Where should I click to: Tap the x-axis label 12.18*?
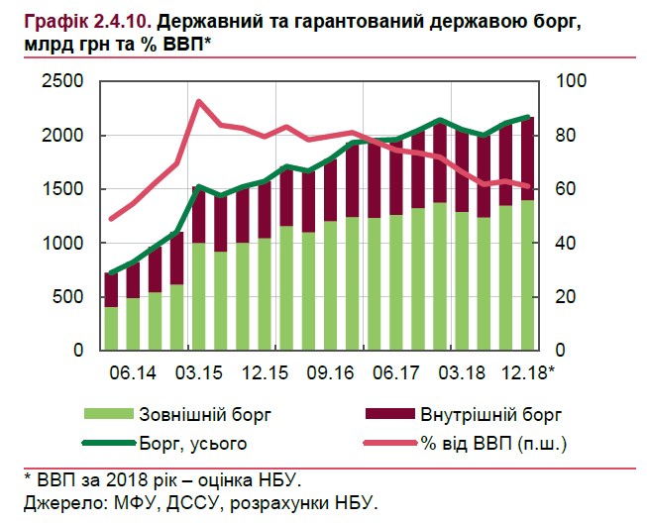(x=526, y=373)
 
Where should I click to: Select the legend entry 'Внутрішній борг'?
(x=489, y=414)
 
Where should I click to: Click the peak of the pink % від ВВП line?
(x=199, y=101)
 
